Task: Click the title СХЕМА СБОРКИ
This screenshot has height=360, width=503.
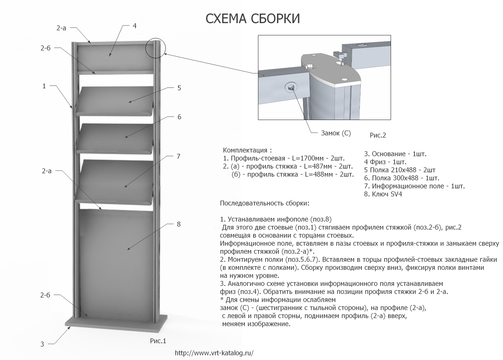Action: (253, 18)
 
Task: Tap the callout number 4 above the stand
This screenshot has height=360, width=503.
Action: (134, 26)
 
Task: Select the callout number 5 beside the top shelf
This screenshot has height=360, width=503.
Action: (179, 88)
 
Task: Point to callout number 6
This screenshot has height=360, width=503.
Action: (179, 117)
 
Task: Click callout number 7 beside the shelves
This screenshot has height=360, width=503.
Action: (178, 157)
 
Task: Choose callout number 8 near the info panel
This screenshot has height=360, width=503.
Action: (179, 224)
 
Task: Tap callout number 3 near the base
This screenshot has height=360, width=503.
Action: (42, 344)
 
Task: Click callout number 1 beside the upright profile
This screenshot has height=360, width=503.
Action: (44, 86)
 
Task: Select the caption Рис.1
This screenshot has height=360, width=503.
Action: (158, 341)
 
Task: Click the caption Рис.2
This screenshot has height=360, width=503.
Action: (378, 135)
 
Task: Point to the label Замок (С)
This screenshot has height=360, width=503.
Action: (336, 133)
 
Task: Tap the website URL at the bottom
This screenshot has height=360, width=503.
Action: (214, 353)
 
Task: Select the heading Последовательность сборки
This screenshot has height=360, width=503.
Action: (265, 203)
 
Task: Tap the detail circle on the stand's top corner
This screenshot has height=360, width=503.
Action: (155, 38)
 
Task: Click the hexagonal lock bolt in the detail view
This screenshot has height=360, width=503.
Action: (291, 87)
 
